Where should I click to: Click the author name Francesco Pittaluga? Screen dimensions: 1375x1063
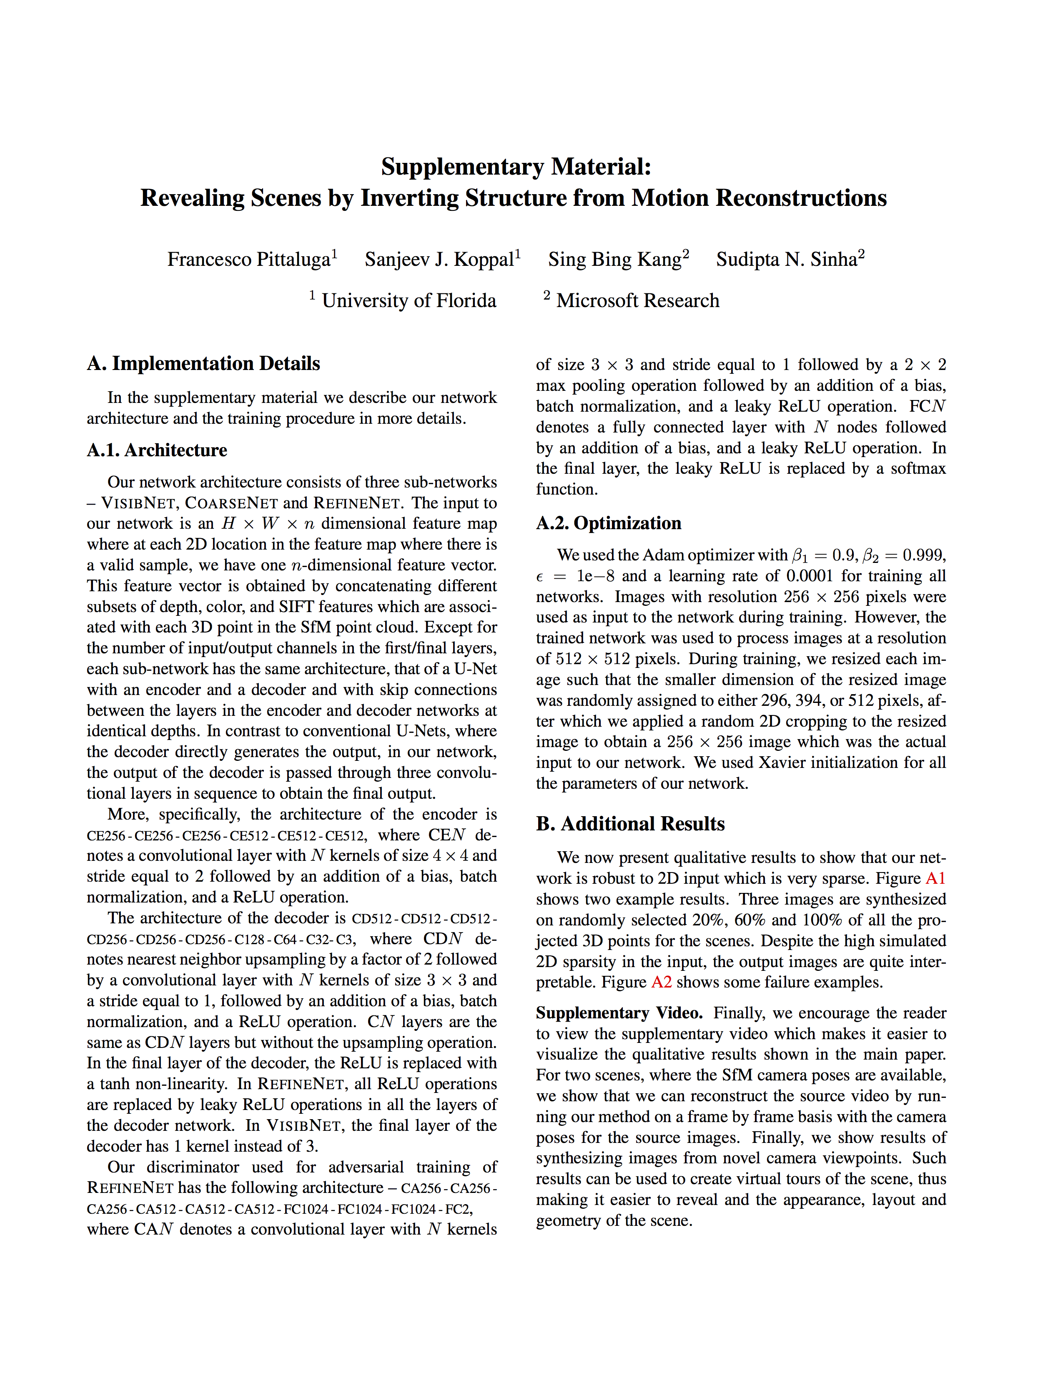tap(249, 260)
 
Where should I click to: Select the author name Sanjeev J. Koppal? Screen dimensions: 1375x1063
tap(439, 260)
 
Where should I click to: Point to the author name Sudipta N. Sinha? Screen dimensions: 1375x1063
tap(787, 260)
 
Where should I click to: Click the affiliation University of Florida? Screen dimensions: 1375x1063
tap(409, 300)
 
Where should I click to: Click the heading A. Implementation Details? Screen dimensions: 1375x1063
tap(203, 363)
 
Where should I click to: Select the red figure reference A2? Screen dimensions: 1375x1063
tap(661, 982)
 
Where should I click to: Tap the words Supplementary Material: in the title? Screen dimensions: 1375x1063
tap(516, 167)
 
